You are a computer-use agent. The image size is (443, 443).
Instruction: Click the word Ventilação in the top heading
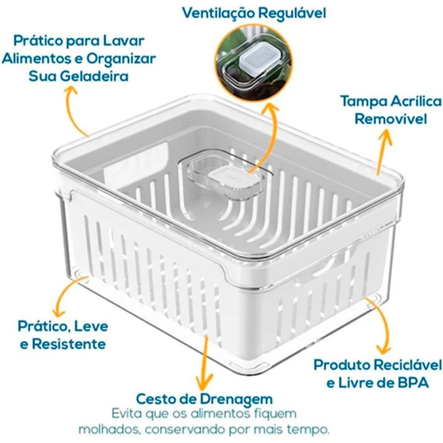218,13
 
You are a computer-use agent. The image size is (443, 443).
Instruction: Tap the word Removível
391,119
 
